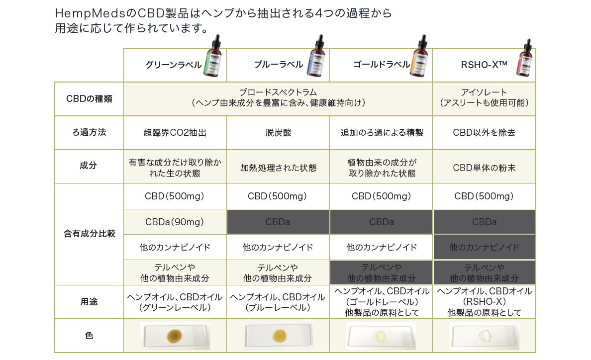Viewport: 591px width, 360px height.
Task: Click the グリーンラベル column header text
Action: (173, 65)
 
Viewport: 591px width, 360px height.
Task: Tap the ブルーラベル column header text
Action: (278, 65)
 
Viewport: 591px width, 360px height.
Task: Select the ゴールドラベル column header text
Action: (381, 65)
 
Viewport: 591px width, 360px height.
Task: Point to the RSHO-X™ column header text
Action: (484, 65)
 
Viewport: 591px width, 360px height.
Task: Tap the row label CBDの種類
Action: (89, 98)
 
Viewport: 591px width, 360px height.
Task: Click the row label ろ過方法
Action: (89, 133)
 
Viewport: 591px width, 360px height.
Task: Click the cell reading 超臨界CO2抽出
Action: (175, 133)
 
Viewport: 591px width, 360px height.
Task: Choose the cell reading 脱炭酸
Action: (278, 133)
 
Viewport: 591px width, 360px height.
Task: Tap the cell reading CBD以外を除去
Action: (484, 133)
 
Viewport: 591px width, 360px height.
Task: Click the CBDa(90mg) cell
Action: (175, 222)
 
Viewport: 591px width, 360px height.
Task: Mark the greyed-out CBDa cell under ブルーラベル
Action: (278, 222)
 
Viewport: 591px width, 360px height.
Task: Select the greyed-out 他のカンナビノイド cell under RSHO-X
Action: (484, 247)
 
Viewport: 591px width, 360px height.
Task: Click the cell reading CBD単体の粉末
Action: (484, 168)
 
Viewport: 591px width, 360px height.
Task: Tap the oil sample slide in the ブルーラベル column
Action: (278, 335)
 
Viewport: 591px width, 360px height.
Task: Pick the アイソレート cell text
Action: (484, 92)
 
